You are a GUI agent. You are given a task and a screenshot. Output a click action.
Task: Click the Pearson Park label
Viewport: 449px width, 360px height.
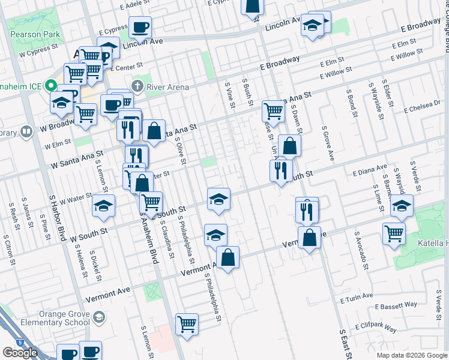(35, 35)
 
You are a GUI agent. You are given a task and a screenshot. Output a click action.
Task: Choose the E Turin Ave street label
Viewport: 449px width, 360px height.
(358, 298)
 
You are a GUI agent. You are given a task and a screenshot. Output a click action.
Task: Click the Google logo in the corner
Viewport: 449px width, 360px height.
(20, 353)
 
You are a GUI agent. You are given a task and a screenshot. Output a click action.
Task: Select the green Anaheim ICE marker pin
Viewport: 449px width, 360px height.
(52, 86)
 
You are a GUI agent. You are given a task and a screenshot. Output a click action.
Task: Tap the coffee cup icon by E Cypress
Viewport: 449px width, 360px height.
(140, 27)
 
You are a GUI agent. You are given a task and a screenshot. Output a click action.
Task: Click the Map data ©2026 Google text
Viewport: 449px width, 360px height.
(412, 355)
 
